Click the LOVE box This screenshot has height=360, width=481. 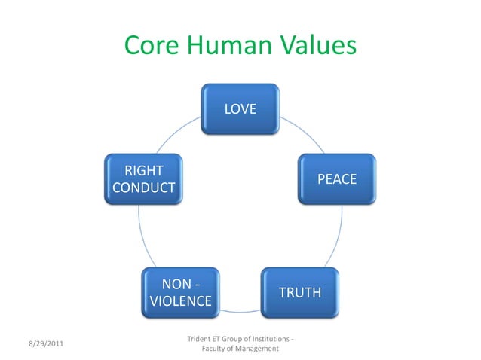[x=240, y=109]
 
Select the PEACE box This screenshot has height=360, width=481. [x=336, y=179]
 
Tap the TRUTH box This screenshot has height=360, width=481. [x=299, y=292]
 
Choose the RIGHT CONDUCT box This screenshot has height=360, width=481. [x=143, y=179]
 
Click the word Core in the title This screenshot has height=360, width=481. [x=150, y=46]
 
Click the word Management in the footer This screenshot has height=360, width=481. [x=254, y=349]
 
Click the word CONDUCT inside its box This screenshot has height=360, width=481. [x=143, y=188]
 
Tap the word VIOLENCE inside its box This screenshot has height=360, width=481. [x=180, y=301]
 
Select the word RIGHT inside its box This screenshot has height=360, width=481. [x=143, y=170]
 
